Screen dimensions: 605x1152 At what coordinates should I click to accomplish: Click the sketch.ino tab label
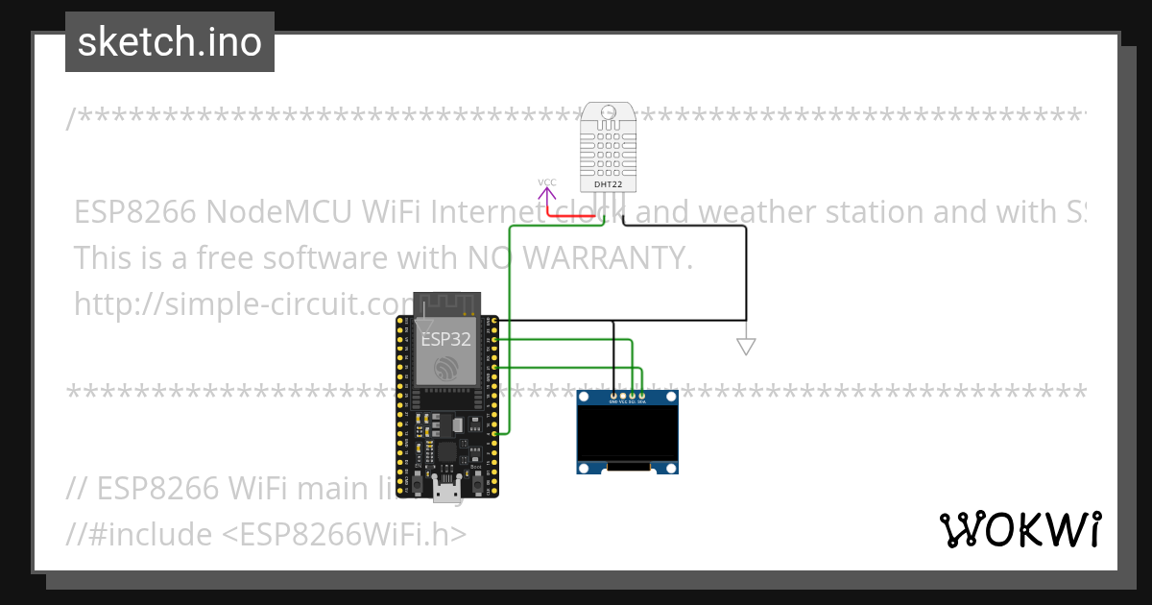click(169, 42)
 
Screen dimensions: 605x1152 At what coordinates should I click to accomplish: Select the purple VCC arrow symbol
click(546, 196)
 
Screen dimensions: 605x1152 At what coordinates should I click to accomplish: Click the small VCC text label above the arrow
click(546, 181)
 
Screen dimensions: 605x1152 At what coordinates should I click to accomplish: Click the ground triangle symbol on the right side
click(746, 347)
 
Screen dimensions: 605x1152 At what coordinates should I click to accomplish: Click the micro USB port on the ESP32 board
click(444, 491)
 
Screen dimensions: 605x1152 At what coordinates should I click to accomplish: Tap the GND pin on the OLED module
click(613, 395)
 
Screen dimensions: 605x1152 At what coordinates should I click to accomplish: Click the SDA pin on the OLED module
click(642, 395)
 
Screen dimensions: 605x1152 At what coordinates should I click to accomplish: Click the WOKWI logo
click(1020, 529)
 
